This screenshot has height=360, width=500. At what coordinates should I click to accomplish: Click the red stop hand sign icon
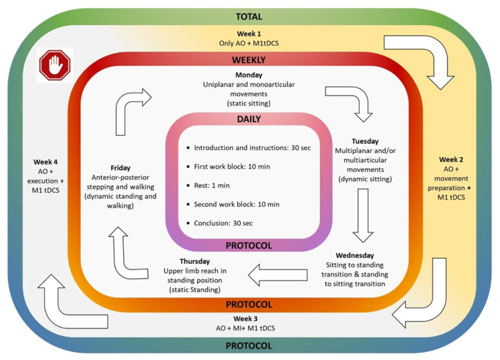[x=55, y=66]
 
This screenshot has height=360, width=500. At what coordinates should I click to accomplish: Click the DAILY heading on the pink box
[x=248, y=120]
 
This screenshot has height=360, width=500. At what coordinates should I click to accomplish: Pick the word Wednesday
[x=354, y=255]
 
